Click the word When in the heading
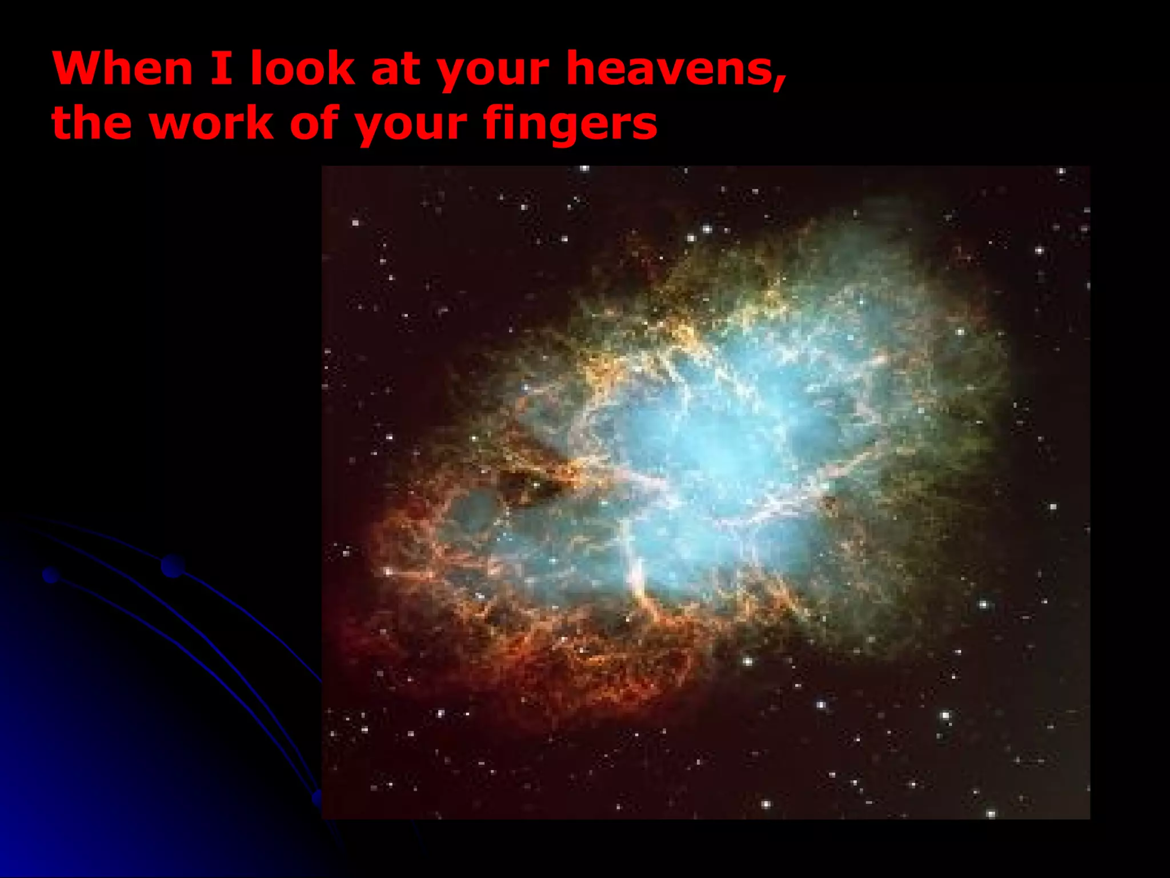[123, 69]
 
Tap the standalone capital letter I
[221, 69]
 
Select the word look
[303, 69]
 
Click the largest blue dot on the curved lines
[173, 566]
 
